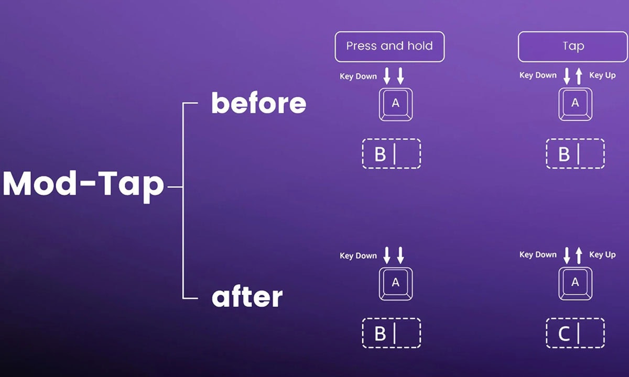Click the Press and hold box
pos(389,47)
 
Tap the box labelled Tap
pos(573,47)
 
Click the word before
pos(258,103)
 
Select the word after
pos(247,297)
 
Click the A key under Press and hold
pos(396,104)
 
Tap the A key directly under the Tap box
pos(576,104)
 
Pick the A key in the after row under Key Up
pos(576,284)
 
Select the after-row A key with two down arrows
pos(396,284)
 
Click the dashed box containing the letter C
pos(576,333)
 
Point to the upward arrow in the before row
pos(579,76)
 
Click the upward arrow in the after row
pos(579,256)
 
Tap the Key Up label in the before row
pos(602,75)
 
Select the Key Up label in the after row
pos(602,254)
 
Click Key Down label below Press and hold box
pos(358,76)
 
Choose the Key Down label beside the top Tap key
pos(538,75)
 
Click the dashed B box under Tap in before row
pos(576,154)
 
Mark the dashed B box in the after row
pos(392,333)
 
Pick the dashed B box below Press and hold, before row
pos(392,154)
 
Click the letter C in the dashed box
pos(564,334)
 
